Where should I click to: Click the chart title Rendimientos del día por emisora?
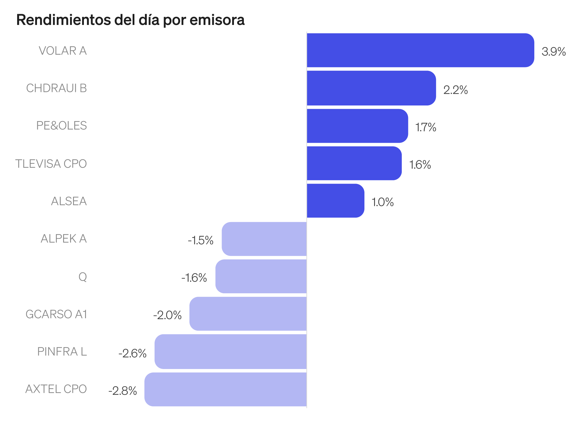(130, 20)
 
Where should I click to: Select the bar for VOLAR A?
(420, 50)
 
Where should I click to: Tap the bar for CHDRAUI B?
(371, 88)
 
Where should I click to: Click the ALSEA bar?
(335, 201)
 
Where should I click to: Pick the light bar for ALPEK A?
(264, 239)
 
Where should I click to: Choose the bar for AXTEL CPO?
(226, 389)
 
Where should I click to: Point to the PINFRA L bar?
(231, 352)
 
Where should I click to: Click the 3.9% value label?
(553, 52)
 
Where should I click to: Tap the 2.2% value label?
(456, 90)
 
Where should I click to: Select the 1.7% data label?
(425, 127)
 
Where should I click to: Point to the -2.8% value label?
(123, 391)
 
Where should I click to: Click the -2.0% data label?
(167, 315)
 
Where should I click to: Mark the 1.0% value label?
(382, 202)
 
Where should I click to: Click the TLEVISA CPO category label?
(51, 164)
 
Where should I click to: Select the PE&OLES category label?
(61, 126)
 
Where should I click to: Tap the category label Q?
(83, 276)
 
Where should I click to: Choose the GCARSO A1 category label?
(56, 314)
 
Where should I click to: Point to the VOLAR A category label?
(63, 51)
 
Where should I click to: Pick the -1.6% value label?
(194, 278)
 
